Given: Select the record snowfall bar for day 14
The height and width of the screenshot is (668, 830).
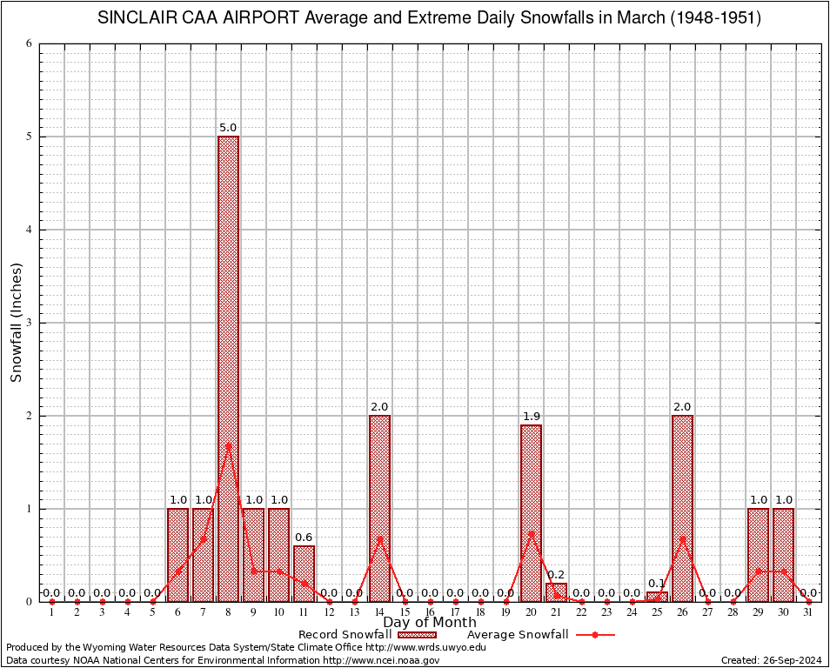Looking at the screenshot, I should coord(379,508).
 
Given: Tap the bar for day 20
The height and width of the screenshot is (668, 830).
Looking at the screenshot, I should coord(531,512).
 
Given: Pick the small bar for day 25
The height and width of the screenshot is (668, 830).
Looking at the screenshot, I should coord(657,597).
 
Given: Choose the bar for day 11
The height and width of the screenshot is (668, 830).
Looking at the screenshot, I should coord(304,573).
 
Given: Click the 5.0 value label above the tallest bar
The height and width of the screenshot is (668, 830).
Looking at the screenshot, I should coord(228,128).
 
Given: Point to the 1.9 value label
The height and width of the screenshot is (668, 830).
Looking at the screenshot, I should coord(531,417).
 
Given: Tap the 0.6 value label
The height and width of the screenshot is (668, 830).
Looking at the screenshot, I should coord(304,538).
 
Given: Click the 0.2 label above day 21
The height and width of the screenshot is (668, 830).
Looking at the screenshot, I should coord(556,575).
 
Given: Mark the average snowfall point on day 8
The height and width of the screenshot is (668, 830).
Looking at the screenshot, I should coord(228,445).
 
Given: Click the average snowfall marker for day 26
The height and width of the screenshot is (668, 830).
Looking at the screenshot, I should coord(682,538).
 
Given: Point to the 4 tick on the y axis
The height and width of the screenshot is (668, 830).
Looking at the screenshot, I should coord(30,230).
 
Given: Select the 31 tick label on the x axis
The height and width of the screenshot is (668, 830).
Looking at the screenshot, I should coord(808,613).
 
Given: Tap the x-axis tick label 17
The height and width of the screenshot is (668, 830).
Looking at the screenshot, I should coord(455,613).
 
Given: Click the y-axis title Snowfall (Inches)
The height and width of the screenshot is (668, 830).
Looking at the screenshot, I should coord(16,323).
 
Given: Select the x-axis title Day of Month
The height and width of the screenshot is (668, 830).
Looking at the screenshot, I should coord(430,623).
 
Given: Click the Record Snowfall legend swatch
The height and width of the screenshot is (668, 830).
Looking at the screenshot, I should coord(417,635).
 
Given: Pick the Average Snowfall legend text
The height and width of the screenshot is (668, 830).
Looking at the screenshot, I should coord(518,635).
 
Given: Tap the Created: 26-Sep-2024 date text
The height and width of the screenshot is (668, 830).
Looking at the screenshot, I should coord(771,660).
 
